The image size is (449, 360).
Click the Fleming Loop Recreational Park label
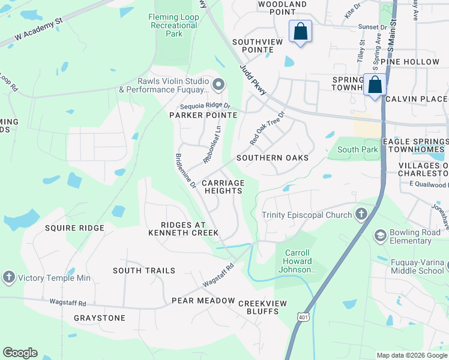coord(173,26)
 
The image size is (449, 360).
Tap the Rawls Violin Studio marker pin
coord(218,85)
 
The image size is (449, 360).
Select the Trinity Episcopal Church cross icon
coord(361,214)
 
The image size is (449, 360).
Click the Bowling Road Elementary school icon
coord(379,235)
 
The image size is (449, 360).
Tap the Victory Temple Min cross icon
coord(8,277)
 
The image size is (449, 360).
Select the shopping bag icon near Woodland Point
coord(300,31)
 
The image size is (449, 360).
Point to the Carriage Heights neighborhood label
coord(223,187)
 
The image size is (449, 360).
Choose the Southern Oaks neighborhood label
coord(273,158)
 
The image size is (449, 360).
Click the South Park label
coord(358,149)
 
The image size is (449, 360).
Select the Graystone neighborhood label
coord(100,317)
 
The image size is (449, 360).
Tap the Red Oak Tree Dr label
coord(266,127)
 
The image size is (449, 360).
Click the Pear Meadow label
coord(203,300)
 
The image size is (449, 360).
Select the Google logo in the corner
coord(20,353)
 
